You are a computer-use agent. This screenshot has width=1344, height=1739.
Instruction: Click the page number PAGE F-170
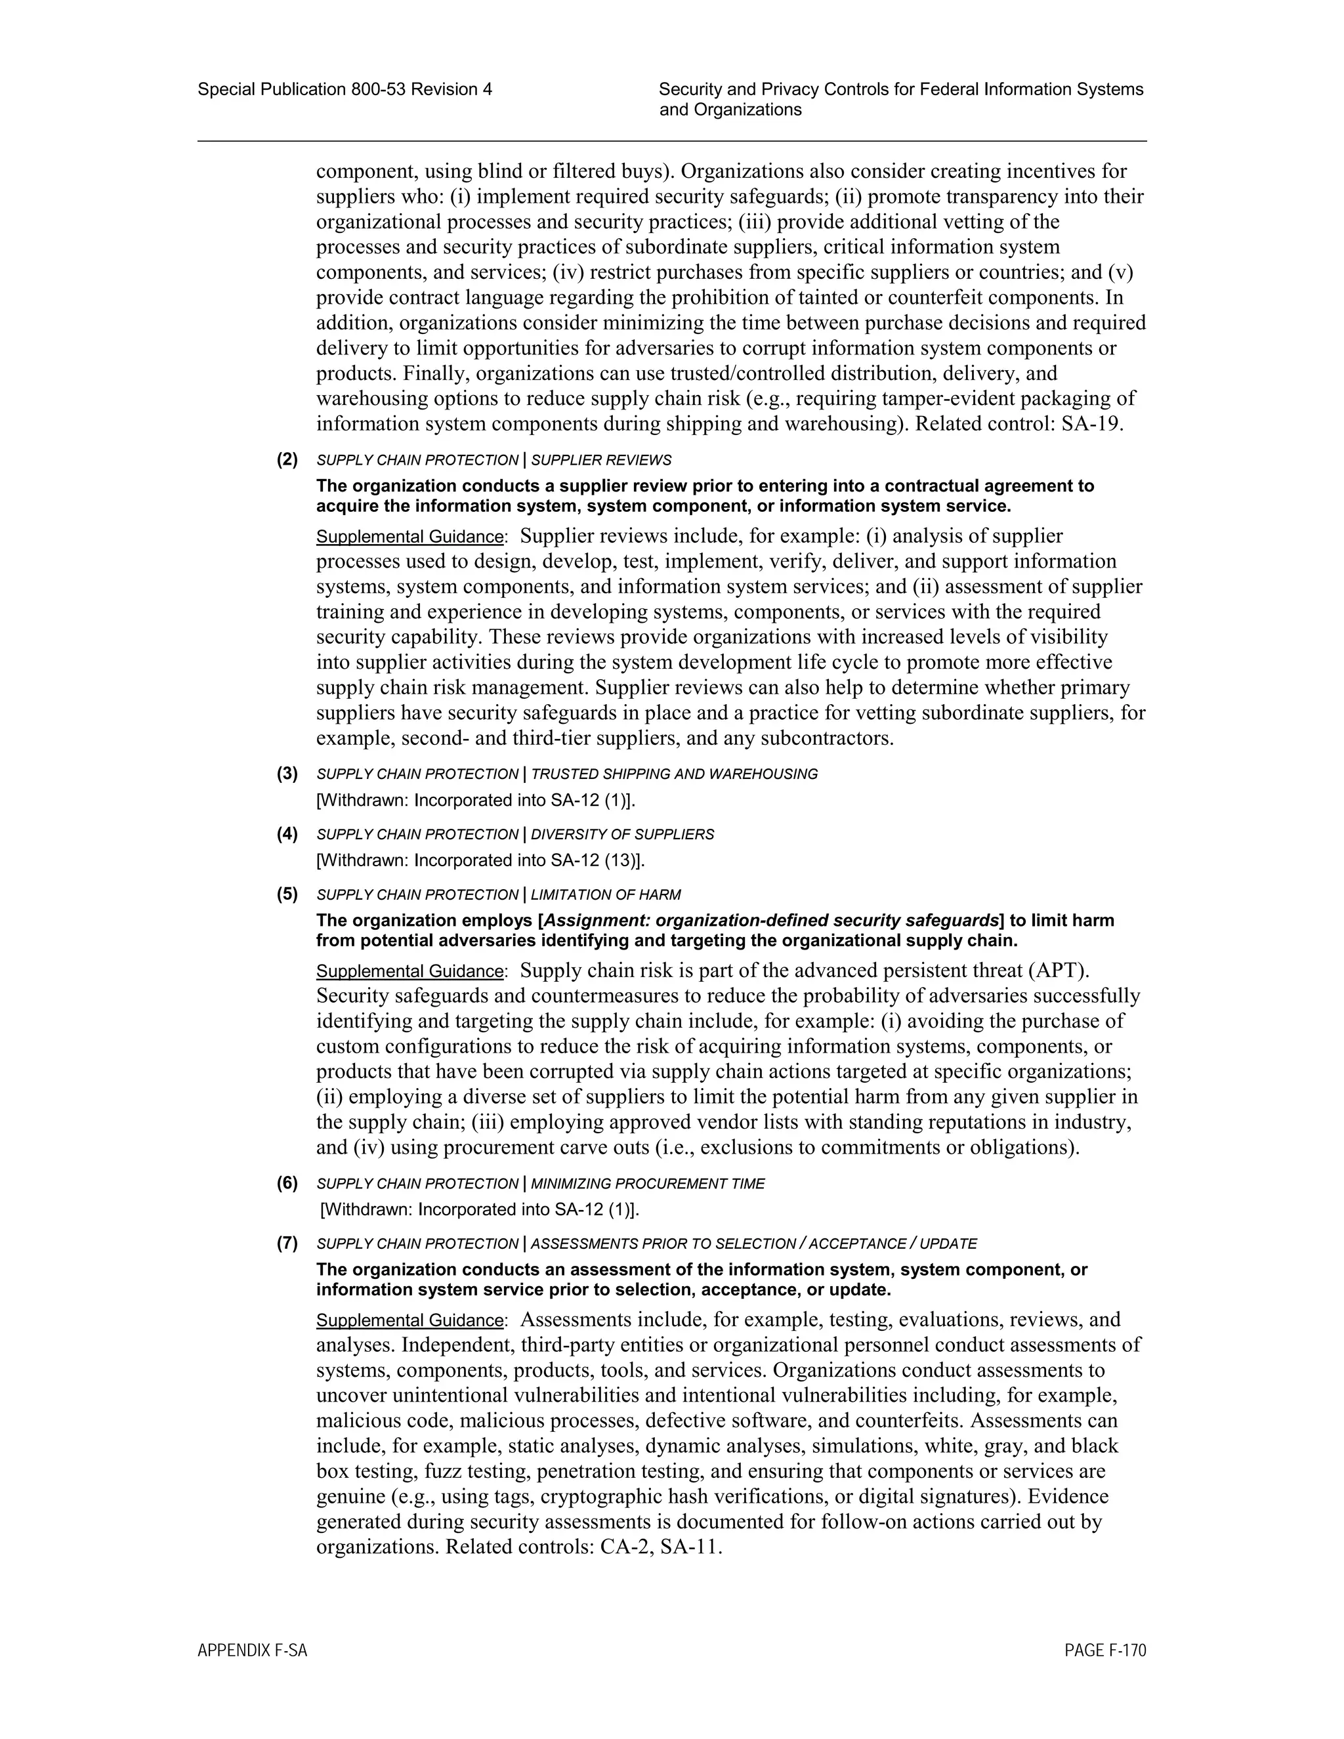coord(1104,1650)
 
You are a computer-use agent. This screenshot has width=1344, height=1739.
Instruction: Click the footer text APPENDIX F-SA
coord(251,1650)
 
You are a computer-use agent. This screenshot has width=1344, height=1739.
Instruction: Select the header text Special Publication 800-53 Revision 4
coord(345,89)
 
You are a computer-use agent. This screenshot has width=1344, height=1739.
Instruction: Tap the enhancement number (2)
coord(287,459)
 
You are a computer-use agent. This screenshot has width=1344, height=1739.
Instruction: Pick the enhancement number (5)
coord(287,894)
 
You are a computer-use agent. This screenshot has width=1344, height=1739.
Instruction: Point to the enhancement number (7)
coord(287,1243)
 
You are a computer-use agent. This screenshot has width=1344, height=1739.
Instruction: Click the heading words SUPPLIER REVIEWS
coord(601,460)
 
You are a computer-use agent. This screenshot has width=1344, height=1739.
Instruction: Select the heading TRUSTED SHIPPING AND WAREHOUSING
coord(675,774)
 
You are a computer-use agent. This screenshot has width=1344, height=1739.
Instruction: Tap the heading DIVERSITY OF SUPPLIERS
coord(623,835)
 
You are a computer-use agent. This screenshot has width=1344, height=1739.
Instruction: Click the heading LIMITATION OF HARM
coord(606,895)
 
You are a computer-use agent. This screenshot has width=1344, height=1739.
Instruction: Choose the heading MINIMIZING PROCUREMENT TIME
coord(647,1184)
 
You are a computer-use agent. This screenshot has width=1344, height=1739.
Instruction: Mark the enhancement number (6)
coord(287,1183)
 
